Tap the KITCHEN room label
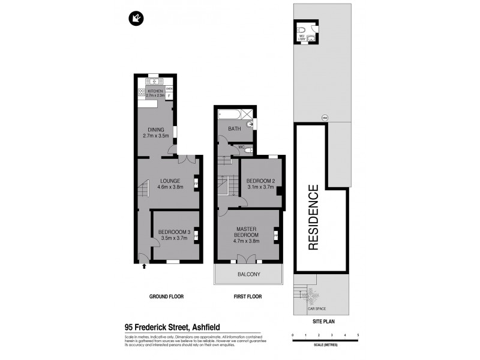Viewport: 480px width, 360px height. [x=155, y=91]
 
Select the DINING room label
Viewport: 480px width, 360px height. [x=156, y=130]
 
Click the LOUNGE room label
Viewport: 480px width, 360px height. [x=170, y=181]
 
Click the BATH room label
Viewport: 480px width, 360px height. [x=233, y=128]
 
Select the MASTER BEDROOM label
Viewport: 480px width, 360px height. [x=247, y=232]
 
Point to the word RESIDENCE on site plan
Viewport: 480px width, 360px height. [x=314, y=217]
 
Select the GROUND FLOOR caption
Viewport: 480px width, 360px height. [x=166, y=296]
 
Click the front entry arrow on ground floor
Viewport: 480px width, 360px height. [x=144, y=267]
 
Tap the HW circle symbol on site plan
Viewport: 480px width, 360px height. [x=325, y=117]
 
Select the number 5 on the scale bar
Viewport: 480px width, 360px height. [x=358, y=335]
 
